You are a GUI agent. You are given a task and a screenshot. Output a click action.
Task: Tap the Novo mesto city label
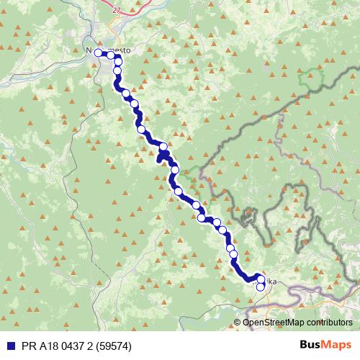(x=107, y=52)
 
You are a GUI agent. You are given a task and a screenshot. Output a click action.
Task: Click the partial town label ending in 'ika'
(x=269, y=281)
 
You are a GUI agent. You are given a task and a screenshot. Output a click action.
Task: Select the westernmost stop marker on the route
(x=99, y=52)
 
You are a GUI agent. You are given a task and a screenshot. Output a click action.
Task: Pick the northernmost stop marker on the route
(x=99, y=52)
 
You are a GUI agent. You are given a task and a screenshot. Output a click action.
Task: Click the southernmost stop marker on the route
(x=261, y=287)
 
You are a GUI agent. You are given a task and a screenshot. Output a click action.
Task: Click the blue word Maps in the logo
(x=337, y=345)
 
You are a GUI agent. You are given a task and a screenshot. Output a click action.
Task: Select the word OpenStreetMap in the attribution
(x=276, y=322)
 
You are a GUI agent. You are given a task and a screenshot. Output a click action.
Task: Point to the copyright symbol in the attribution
(x=238, y=322)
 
